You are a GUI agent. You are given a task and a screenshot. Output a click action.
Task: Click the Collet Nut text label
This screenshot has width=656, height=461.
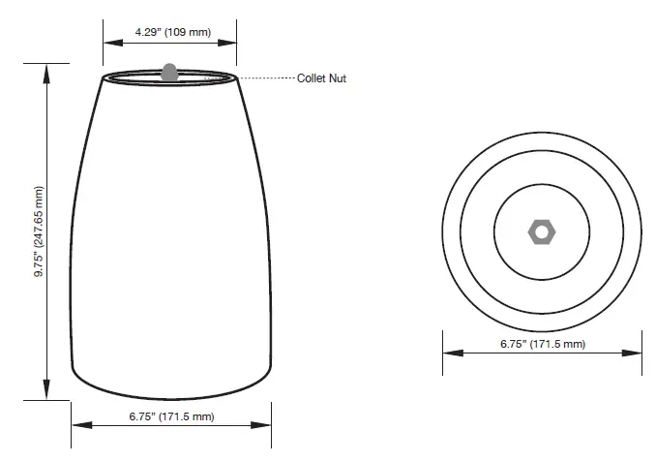[321, 78]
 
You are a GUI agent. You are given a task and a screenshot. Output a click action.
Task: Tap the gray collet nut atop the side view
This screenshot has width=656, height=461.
[169, 72]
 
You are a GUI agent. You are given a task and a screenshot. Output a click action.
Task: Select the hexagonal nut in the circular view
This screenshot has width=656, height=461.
[541, 231]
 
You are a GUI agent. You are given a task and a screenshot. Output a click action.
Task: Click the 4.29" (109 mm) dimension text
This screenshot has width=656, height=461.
[171, 33]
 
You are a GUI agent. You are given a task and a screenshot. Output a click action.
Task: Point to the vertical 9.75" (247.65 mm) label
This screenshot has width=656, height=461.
[40, 231]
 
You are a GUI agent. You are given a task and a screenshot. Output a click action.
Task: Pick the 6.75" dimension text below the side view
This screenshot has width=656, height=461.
[171, 416]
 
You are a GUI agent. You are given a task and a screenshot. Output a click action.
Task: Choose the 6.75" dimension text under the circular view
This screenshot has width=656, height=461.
[543, 344]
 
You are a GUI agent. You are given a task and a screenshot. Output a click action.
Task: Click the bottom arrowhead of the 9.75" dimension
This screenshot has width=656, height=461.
[45, 392]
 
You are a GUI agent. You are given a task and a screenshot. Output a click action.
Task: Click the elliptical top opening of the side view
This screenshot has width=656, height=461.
[170, 77]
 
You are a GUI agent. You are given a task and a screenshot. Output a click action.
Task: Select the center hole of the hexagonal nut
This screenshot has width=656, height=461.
[541, 231]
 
